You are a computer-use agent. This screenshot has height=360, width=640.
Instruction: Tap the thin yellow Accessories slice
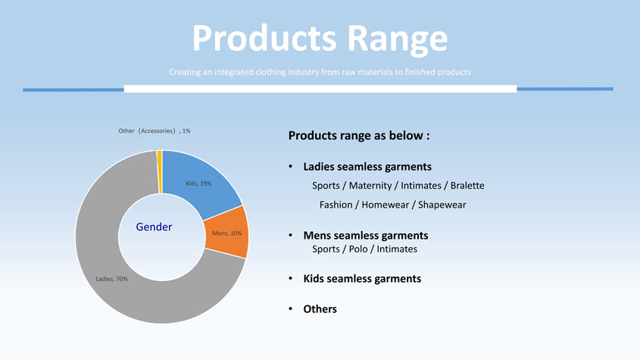coord(159,171)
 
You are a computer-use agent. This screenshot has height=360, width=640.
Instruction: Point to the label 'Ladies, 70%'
coord(111,279)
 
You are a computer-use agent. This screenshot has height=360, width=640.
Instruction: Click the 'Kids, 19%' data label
coord(198,183)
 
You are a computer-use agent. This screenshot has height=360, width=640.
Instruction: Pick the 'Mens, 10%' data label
coord(227,233)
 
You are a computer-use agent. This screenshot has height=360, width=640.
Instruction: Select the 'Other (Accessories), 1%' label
coord(155,131)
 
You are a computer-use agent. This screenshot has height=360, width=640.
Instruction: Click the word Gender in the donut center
coord(154,227)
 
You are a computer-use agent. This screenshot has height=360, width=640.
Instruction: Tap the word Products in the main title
coord(264,38)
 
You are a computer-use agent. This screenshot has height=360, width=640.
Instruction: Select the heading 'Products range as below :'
coord(359,135)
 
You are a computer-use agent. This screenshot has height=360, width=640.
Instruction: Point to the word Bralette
coord(467,186)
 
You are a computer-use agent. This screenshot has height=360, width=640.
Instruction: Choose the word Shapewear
coord(442,205)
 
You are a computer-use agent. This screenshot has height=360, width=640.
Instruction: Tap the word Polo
coord(358,249)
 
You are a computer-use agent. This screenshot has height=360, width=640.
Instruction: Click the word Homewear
coord(386,205)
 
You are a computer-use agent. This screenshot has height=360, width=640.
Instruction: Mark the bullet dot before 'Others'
coord(291,308)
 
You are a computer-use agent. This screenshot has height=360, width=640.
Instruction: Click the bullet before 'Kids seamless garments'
coord(291,278)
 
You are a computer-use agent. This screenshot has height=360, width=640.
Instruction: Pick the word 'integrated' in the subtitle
coord(234,72)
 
